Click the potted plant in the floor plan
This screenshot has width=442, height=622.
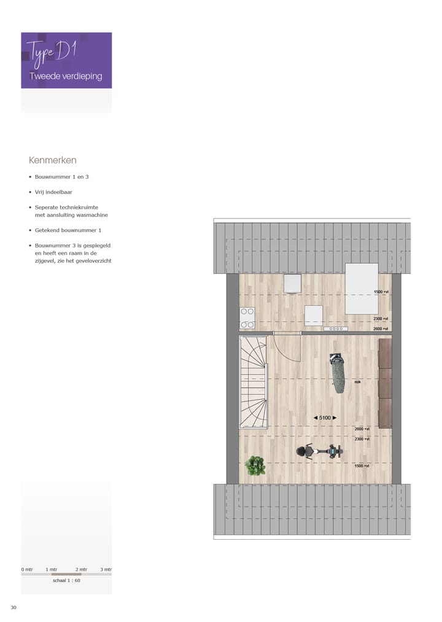coord(255,466)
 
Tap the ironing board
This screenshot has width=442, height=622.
coord(337,373)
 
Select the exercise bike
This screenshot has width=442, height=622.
coord(319,452)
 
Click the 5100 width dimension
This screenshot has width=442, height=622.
coord(325,418)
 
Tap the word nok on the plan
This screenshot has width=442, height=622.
coord(358,381)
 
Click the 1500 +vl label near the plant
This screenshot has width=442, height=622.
coord(362,466)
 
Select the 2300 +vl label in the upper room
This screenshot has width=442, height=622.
coord(381,319)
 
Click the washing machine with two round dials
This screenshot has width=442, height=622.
coord(247,317)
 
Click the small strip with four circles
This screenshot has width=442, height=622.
coord(336,328)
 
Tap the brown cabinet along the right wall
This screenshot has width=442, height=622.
coord(385,383)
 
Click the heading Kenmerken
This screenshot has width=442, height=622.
coord(52,160)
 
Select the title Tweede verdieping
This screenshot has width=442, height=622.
coord(66,77)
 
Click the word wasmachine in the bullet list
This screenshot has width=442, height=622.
coord(91,215)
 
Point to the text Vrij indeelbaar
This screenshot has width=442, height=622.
coord(53,192)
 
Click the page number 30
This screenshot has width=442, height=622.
coord(14,607)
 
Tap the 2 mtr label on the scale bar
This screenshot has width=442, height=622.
coord(81,569)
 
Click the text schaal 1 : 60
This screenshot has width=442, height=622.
coord(66,580)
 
